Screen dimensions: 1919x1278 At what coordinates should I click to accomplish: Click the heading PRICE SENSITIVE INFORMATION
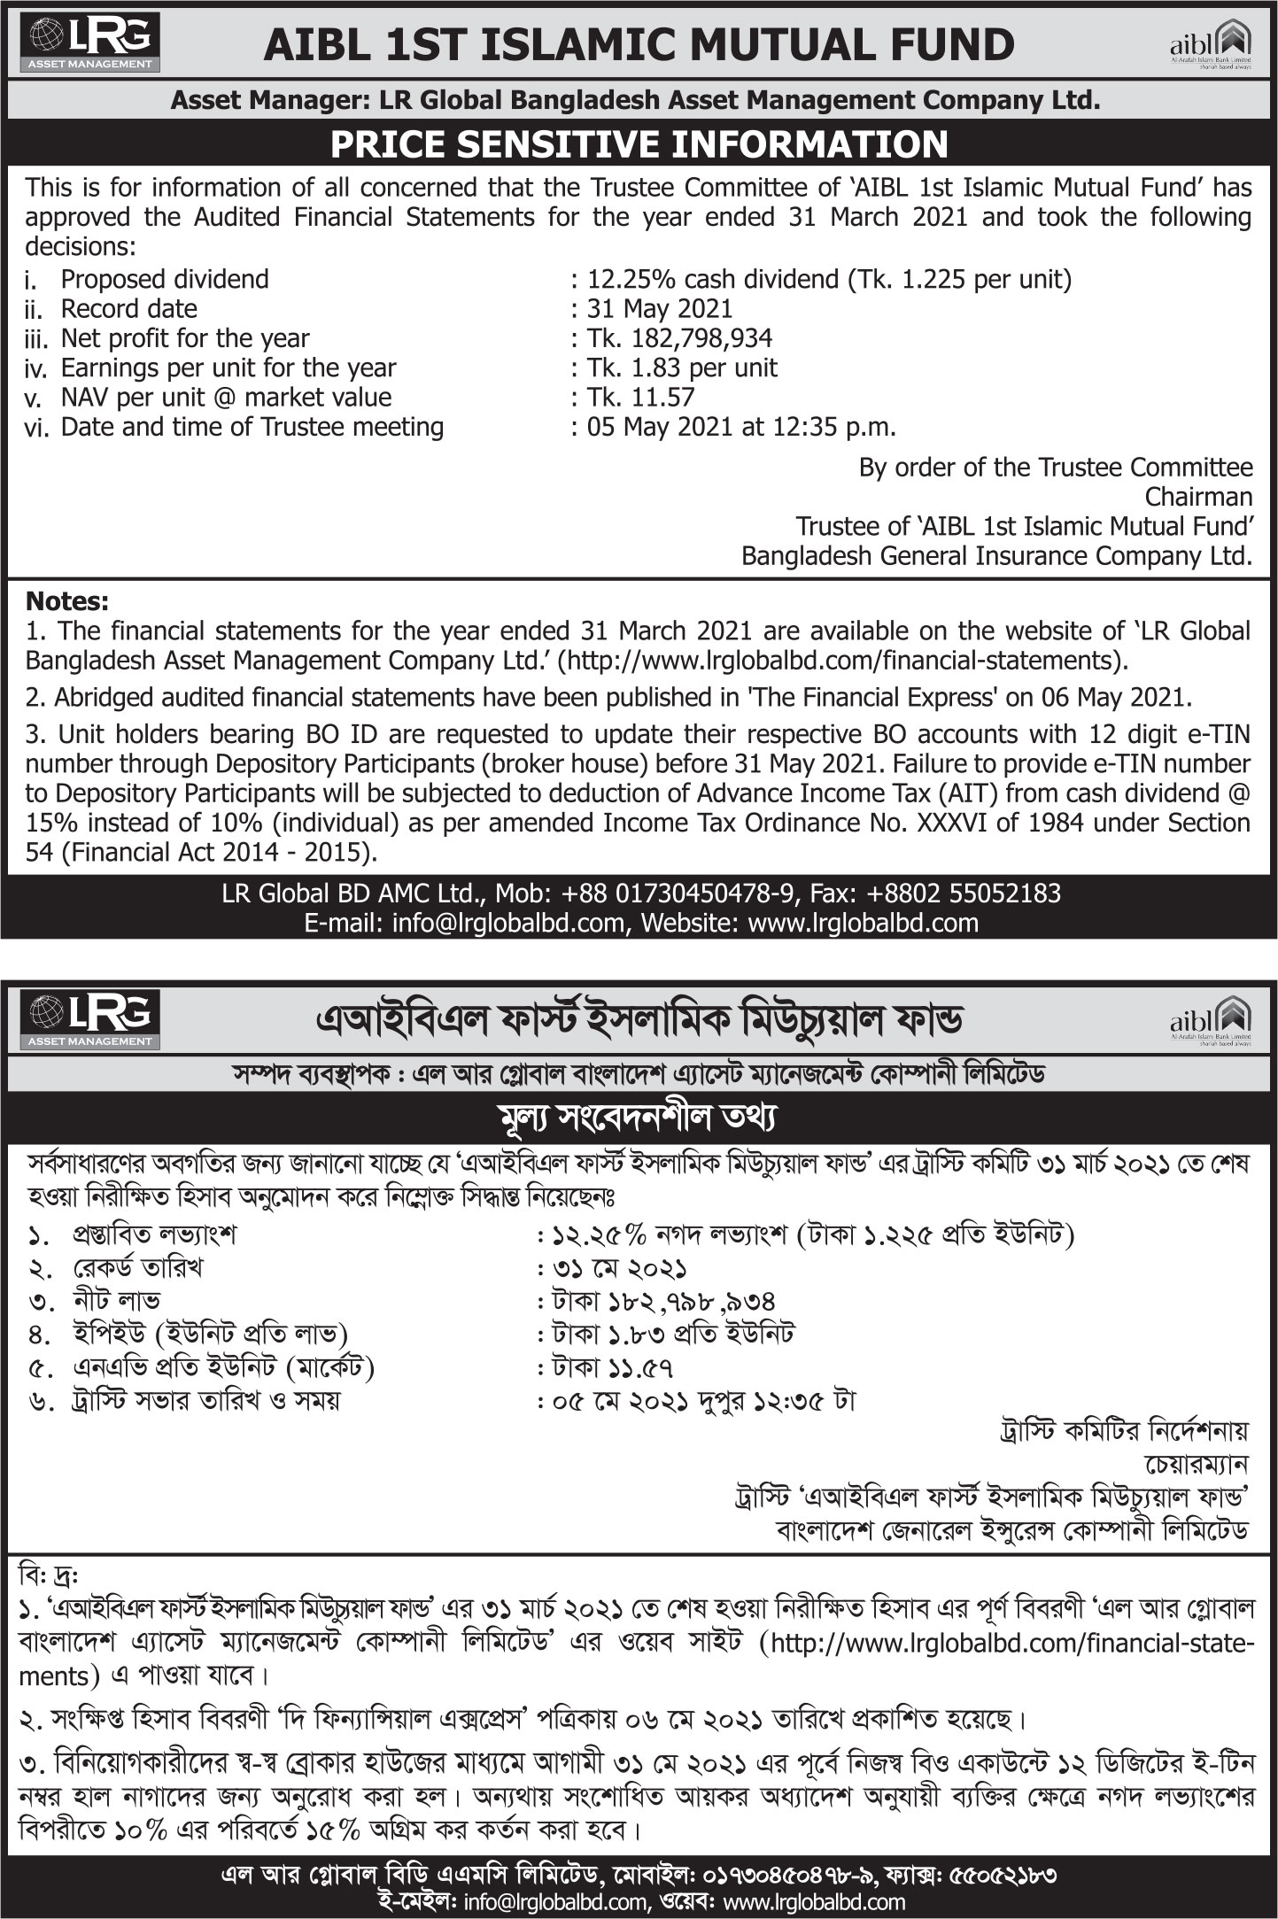[639, 144]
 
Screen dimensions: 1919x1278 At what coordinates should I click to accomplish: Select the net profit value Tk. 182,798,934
[679, 338]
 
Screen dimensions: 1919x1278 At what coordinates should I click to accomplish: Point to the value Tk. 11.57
[641, 397]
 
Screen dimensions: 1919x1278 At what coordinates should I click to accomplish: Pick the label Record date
[129, 309]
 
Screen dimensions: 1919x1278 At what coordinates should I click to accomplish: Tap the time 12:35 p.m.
[832, 427]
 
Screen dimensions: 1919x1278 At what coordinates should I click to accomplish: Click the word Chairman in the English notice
[1198, 496]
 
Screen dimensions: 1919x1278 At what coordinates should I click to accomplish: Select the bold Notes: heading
[67, 601]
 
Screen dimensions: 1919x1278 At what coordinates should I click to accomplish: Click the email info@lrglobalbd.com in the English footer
[508, 923]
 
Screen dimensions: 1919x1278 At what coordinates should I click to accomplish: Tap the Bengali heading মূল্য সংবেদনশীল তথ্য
[638, 1118]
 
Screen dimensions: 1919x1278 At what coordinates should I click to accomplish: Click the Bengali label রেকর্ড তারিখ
[137, 1268]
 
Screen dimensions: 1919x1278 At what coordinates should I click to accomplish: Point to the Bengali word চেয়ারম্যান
[1196, 1464]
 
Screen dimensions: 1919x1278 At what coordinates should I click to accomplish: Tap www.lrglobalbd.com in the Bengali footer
[814, 1901]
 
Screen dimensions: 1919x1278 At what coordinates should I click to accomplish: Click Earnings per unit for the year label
[228, 368]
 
